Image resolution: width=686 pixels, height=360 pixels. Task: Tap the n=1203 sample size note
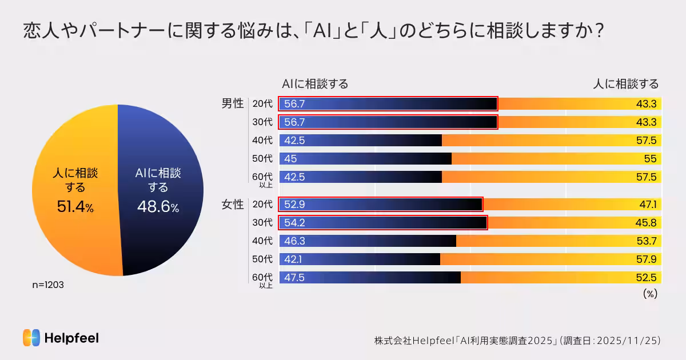[x=47, y=285]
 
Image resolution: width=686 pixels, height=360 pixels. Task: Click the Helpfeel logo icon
[x=31, y=338]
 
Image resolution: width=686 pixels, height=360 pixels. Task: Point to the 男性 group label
[x=233, y=104]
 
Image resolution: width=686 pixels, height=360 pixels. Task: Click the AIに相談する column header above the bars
[x=315, y=84]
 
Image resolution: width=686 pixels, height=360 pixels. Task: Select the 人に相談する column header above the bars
[x=625, y=84]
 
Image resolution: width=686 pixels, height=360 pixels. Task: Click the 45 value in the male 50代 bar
[x=290, y=159]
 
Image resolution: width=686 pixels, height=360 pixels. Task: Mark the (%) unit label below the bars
[x=650, y=294]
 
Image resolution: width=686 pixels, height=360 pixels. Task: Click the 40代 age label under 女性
[x=262, y=241]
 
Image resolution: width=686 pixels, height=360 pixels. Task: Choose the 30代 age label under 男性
[x=262, y=122]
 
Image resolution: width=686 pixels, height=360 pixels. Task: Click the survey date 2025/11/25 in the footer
[x=629, y=341]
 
